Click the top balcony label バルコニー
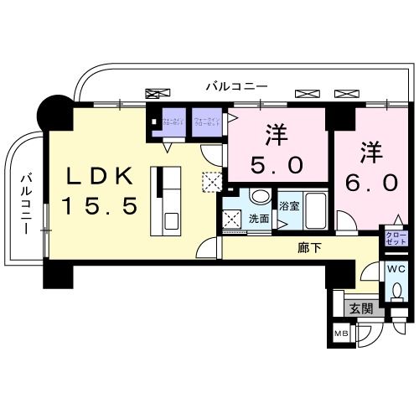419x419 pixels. tap(238, 86)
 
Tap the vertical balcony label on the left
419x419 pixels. tap(27, 204)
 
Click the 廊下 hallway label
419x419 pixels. tap(309, 248)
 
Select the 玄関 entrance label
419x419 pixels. tap(361, 308)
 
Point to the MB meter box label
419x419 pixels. tap(341, 335)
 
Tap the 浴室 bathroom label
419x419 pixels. tap(290, 205)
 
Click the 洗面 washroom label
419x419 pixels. tap(258, 218)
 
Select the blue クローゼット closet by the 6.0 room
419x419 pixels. tap(395, 236)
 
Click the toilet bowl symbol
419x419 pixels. tap(396, 291)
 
